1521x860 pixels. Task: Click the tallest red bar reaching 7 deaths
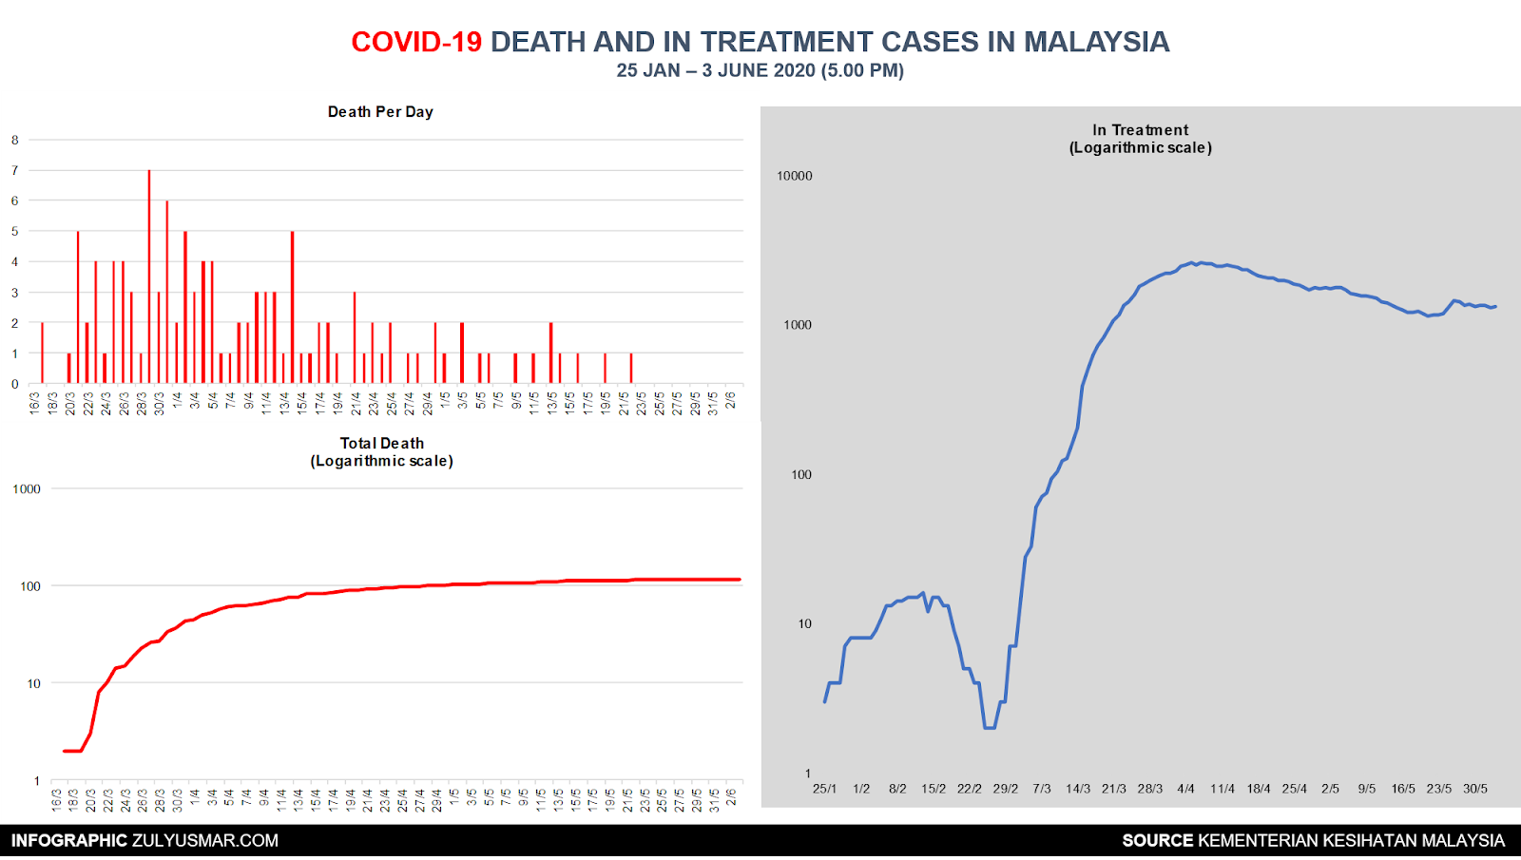[149, 276]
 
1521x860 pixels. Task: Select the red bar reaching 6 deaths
[167, 291]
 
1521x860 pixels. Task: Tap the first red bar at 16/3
[42, 353]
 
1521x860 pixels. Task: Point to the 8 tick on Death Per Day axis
[15, 140]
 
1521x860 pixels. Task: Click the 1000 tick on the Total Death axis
[27, 489]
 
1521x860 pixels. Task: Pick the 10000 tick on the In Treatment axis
[795, 176]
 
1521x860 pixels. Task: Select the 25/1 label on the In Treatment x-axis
[824, 789]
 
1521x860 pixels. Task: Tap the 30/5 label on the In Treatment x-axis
[1475, 789]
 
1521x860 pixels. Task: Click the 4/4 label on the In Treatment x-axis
[1185, 789]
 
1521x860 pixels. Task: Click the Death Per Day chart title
[380, 112]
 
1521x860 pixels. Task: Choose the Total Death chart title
[381, 452]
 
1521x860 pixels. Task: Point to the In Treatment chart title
[1140, 139]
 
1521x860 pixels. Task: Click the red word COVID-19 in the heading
[416, 42]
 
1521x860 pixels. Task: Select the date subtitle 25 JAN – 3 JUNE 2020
[760, 70]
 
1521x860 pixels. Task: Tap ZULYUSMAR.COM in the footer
[205, 840]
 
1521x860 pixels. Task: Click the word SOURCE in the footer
[1157, 840]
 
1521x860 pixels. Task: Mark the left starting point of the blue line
[825, 701]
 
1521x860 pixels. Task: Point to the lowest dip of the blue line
[990, 727]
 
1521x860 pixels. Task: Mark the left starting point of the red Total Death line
[65, 751]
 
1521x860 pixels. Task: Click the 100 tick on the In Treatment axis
[801, 475]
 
